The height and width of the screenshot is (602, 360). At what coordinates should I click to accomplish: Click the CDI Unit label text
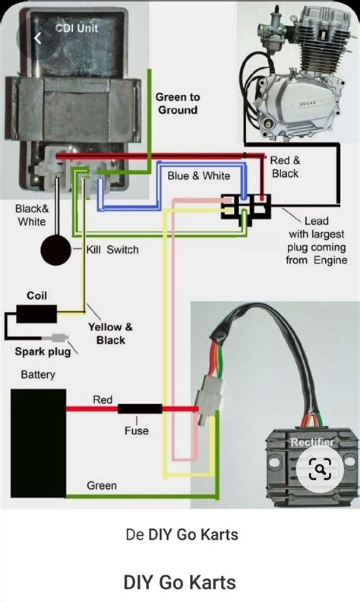click(77, 28)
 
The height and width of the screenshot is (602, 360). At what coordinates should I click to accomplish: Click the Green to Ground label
click(177, 103)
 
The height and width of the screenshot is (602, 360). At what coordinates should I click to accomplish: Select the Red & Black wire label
click(286, 167)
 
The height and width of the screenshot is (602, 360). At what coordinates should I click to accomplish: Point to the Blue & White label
click(198, 175)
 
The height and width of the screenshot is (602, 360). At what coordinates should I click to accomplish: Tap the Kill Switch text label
click(112, 249)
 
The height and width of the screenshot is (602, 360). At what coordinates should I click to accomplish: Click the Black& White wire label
click(31, 215)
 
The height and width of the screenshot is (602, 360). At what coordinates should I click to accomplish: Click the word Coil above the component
click(36, 295)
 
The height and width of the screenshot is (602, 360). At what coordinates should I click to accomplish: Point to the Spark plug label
click(43, 351)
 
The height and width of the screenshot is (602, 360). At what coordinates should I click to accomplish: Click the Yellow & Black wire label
click(110, 333)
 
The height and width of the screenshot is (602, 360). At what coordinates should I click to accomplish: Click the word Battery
click(37, 375)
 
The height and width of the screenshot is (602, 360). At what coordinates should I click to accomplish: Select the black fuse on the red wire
click(139, 409)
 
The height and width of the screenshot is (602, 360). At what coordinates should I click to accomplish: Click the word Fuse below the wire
click(137, 430)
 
